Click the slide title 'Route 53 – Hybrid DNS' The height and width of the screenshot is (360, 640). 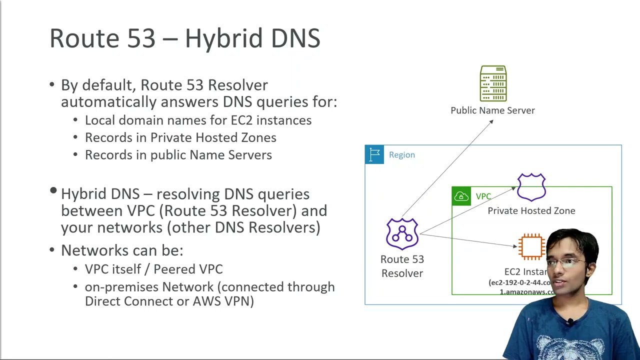pyautogui.click(x=185, y=38)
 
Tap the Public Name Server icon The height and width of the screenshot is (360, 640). pyautogui.click(x=493, y=83)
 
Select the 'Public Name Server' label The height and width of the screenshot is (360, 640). pyautogui.click(x=492, y=110)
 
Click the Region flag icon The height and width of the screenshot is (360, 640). pyautogui.click(x=374, y=155)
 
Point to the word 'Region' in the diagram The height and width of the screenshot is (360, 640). pyautogui.click(x=402, y=155)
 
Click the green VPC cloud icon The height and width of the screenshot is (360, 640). pyautogui.click(x=461, y=196)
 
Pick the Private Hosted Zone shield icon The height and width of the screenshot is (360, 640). pyautogui.click(x=531, y=187)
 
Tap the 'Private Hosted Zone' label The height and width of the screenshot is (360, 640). pyautogui.click(x=531, y=211)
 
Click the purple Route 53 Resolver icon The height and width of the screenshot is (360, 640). pyautogui.click(x=402, y=233)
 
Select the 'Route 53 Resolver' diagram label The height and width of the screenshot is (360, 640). pyautogui.click(x=402, y=266)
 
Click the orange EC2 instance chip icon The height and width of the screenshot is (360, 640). pyautogui.click(x=530, y=246)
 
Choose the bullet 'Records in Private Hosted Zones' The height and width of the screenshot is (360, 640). pyautogui.click(x=180, y=137)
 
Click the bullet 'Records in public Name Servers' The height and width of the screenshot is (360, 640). pyautogui.click(x=178, y=155)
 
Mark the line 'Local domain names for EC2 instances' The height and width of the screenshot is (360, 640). pyautogui.click(x=198, y=120)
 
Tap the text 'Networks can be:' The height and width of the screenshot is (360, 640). pyautogui.click(x=122, y=250)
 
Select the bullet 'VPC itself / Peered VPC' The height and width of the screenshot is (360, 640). pyautogui.click(x=153, y=269)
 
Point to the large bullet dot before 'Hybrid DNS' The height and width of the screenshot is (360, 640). pyautogui.click(x=53, y=190)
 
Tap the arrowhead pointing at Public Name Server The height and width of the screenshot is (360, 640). pyautogui.click(x=491, y=121)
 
